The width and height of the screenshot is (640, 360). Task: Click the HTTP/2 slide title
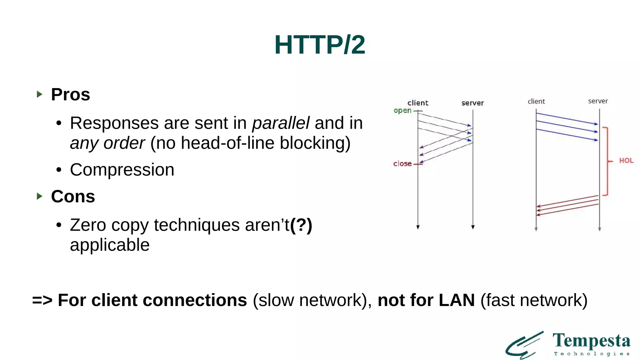pos(320,45)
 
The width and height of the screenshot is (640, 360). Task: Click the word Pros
pos(70,94)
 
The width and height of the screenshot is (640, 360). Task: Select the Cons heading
pos(73,197)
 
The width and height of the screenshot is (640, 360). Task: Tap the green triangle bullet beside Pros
pos(39,94)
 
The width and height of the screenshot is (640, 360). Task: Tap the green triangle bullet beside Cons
pos(39,196)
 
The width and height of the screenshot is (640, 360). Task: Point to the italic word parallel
pos(281,123)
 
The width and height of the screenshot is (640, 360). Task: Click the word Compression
pos(122,170)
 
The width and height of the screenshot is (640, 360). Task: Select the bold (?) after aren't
pos(301,225)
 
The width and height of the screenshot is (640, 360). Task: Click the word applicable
pos(110,245)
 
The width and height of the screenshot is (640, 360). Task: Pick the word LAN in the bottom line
pos(457,300)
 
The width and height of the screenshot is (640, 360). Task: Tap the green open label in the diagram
pos(402,111)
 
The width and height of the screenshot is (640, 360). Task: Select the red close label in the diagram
pos(402,164)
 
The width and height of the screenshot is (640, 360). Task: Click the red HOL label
pos(626,161)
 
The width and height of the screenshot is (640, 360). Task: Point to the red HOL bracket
pos(607,161)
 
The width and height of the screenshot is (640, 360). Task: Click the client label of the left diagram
pos(418,103)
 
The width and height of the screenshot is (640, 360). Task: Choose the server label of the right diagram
pos(598,101)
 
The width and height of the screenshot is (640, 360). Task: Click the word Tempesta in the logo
pos(591,341)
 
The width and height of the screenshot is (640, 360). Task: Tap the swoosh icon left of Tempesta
pos(524,345)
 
